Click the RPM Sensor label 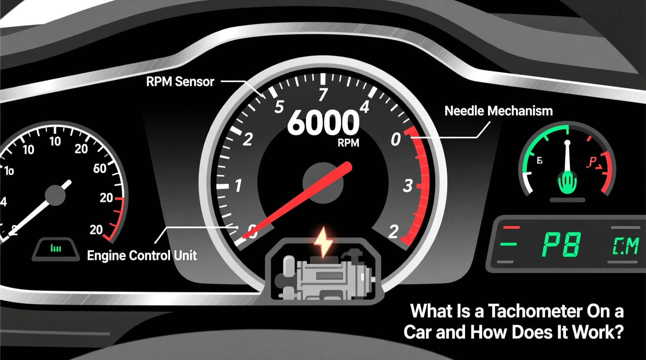[x=180, y=81]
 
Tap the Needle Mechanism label [x=498, y=111]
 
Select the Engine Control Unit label [x=142, y=255]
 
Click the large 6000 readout [x=323, y=123]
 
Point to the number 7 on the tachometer [x=323, y=94]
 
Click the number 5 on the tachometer [x=279, y=107]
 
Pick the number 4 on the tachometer [x=364, y=107]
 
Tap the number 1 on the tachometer [x=238, y=185]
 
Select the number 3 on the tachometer [x=408, y=186]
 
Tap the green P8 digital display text [x=561, y=245]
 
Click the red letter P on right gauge [x=593, y=162]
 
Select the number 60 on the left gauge [x=100, y=168]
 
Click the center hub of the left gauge [x=55, y=195]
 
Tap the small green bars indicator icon [x=56, y=248]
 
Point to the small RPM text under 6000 [x=348, y=143]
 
